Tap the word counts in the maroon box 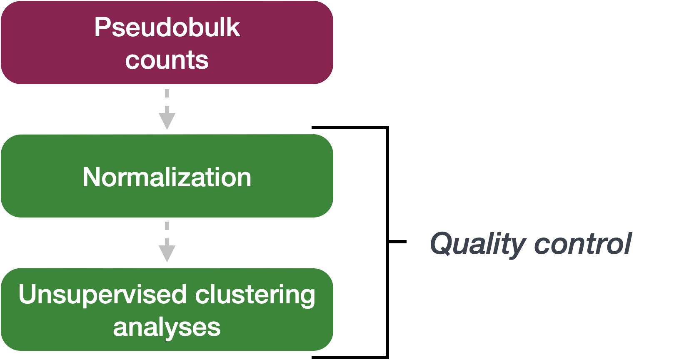click(x=167, y=60)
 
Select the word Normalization click(x=167, y=177)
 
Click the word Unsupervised click(x=102, y=294)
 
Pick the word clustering click(x=255, y=294)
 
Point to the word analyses click(x=167, y=327)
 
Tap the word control click(x=583, y=243)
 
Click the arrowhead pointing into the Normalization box click(x=167, y=121)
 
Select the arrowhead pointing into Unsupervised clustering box click(x=167, y=253)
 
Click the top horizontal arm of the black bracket click(x=350, y=127)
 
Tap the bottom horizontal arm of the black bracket click(x=350, y=357)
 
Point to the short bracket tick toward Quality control click(x=397, y=242)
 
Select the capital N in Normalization click(x=91, y=177)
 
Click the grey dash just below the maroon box click(x=167, y=93)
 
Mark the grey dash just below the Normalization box click(x=167, y=226)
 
